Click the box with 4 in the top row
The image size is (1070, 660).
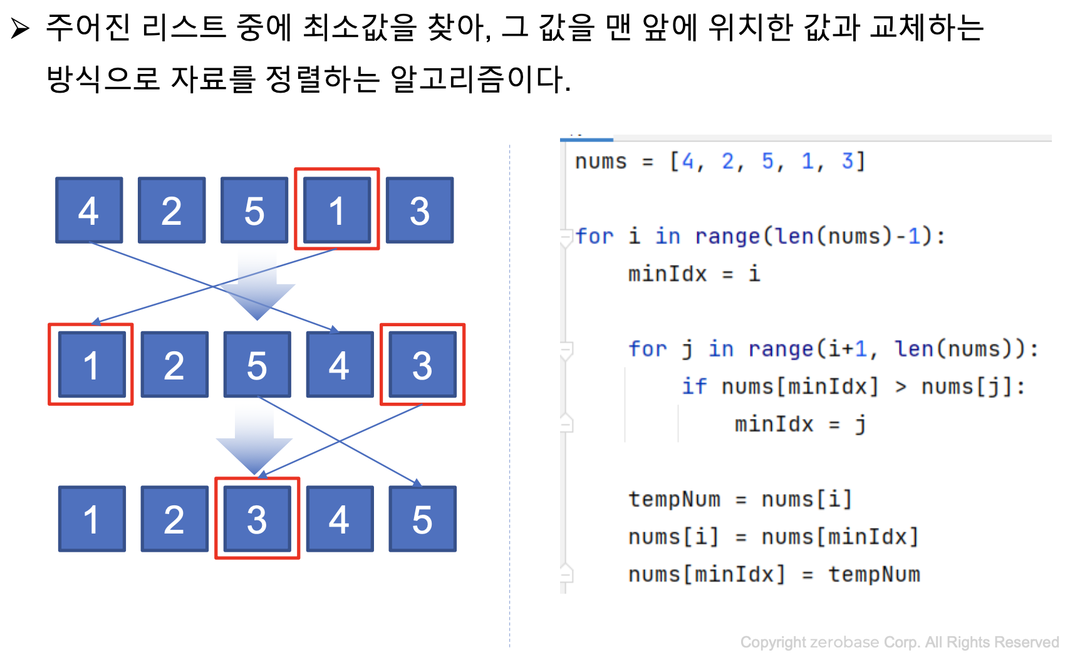89,210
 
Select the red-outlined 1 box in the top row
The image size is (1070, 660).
337,209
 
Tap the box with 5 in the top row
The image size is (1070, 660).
254,210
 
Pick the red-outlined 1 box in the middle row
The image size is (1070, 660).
91,364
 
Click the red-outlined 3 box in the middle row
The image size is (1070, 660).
422,364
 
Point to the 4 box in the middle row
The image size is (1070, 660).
340,364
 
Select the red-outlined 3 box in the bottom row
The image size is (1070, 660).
257,518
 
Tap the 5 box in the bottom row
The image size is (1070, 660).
422,518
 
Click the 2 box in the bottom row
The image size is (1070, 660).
174,518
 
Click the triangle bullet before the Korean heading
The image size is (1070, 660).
20,29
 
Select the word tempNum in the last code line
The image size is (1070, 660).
874,574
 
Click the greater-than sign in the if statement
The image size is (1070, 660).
900,387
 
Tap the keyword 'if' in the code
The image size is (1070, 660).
694,386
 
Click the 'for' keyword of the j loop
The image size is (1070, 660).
648,349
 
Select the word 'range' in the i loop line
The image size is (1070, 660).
727,236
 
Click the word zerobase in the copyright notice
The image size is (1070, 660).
844,642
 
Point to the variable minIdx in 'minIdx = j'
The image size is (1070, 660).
774,424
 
